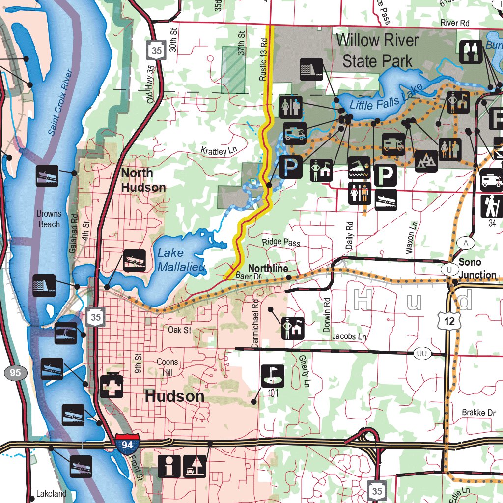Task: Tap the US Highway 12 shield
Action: tap(450, 321)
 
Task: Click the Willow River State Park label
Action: tap(377, 51)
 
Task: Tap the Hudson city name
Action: tap(174, 397)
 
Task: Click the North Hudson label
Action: tap(143, 180)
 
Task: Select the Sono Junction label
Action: tap(477, 268)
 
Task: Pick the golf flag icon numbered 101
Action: tap(272, 376)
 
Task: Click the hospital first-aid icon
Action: tap(112, 386)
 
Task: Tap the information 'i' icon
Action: tap(169, 466)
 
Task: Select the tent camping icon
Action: tap(426, 161)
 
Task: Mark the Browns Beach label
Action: tap(49, 219)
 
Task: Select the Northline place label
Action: tap(268, 269)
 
